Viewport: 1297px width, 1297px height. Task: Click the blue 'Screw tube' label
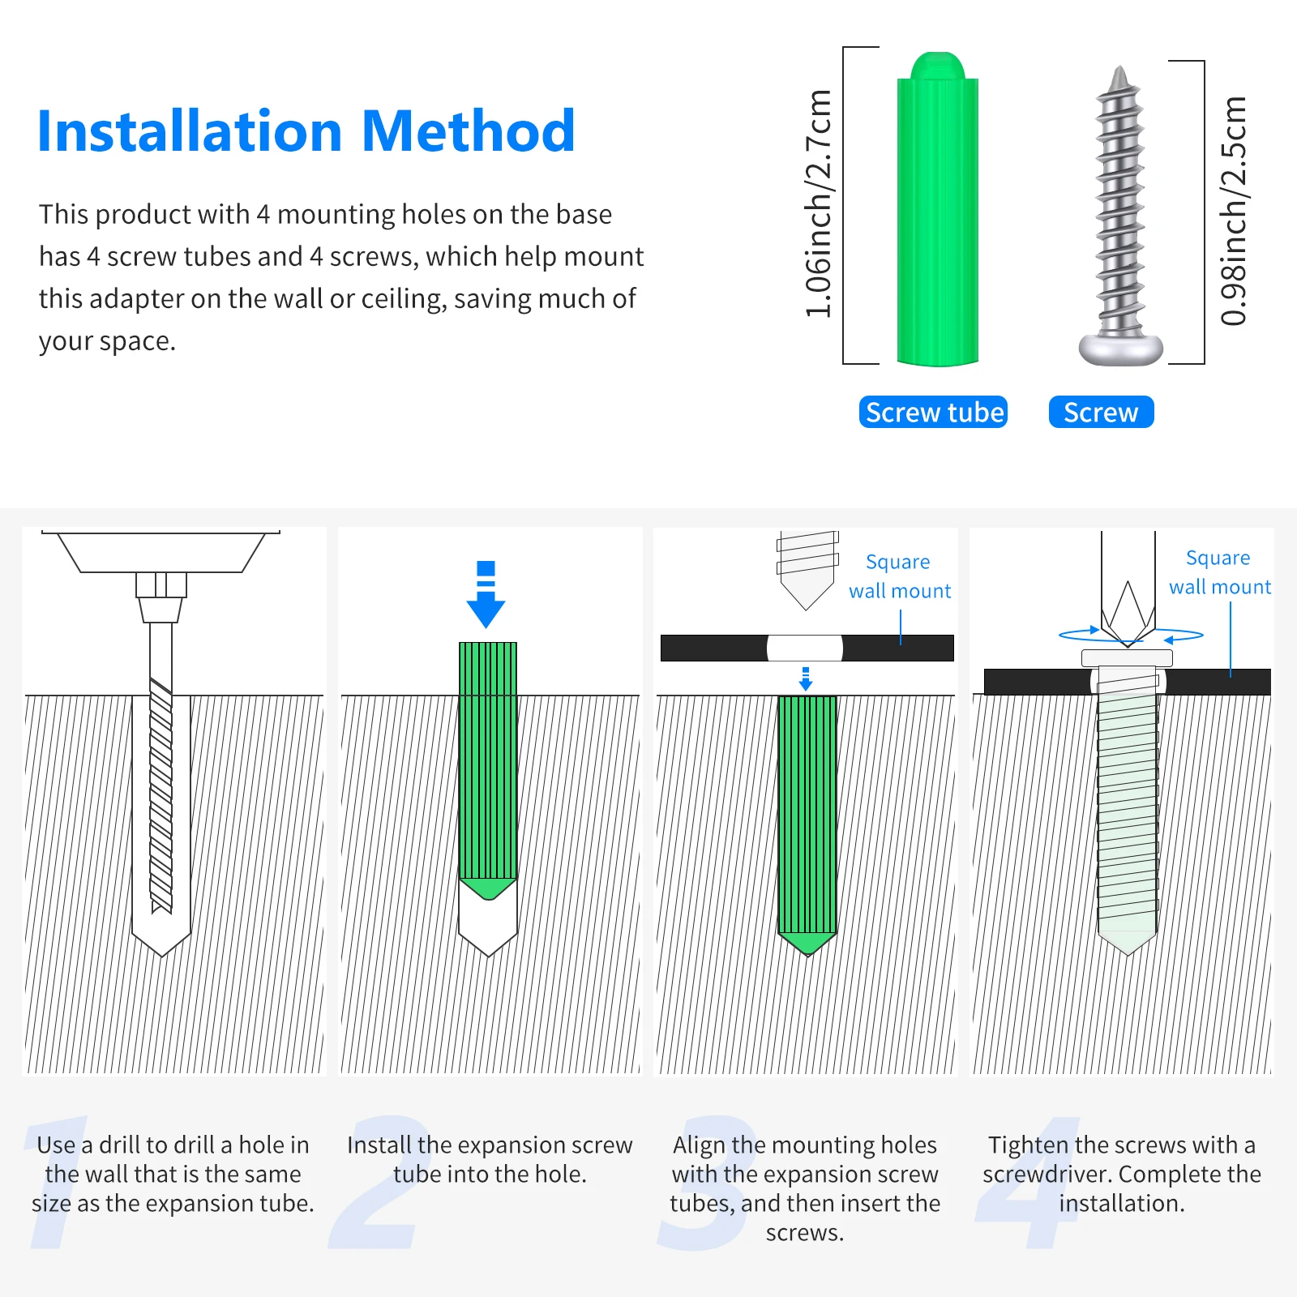click(x=933, y=412)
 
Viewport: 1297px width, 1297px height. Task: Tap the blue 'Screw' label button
click(x=1101, y=412)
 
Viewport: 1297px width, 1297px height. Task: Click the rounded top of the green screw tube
click(x=938, y=66)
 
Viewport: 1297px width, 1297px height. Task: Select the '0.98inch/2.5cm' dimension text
click(x=1233, y=211)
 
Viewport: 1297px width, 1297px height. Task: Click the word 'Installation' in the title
click(x=190, y=131)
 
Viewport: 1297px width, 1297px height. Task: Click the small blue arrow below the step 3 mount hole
click(x=805, y=678)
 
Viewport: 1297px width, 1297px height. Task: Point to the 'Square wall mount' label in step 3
click(x=900, y=576)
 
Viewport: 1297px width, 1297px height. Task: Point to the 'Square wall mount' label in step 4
click(x=1219, y=572)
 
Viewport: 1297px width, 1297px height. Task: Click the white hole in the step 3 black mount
click(x=805, y=648)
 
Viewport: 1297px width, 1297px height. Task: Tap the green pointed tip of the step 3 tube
click(x=807, y=944)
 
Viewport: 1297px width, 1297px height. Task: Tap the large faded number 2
click(x=375, y=1184)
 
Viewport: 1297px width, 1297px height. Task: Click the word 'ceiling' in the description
click(x=403, y=299)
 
